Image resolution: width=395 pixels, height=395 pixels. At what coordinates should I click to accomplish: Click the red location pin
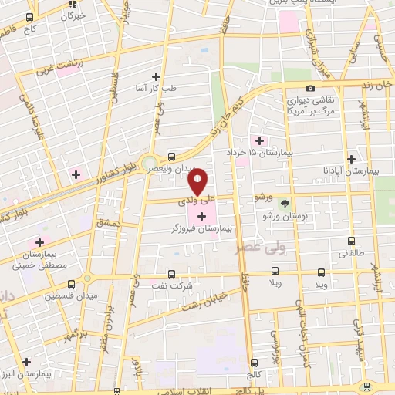[x=199, y=181]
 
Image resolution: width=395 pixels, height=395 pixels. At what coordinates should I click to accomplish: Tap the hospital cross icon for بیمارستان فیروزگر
[x=202, y=216]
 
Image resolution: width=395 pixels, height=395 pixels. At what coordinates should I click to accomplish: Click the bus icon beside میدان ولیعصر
[x=171, y=156]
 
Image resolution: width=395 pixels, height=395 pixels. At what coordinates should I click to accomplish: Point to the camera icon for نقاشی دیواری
[x=310, y=89]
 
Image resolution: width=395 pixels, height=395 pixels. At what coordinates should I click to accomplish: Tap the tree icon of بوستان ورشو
[x=286, y=204]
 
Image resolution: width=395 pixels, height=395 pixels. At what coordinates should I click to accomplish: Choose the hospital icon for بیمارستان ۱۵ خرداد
[x=259, y=140]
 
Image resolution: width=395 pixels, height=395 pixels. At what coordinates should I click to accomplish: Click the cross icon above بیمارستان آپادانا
[x=351, y=158]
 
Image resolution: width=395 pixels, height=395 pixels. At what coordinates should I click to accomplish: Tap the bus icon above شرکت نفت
[x=171, y=273]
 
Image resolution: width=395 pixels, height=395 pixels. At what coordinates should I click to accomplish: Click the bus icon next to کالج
[x=255, y=362]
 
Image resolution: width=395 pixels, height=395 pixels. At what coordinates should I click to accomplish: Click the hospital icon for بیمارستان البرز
[x=27, y=361]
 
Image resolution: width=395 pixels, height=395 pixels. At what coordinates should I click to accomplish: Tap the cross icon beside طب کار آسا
[x=157, y=76]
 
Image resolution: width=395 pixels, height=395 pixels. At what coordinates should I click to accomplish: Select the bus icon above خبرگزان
[x=29, y=17]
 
